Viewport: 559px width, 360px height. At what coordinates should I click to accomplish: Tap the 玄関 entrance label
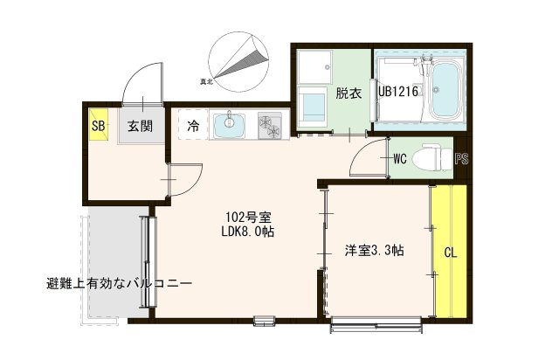click(140, 125)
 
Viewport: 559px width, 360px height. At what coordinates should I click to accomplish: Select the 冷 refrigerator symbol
click(192, 126)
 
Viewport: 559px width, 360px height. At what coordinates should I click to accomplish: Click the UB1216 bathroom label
click(400, 91)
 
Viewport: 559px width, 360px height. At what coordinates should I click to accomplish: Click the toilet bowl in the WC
click(430, 158)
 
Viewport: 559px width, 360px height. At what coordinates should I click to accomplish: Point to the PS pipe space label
click(461, 159)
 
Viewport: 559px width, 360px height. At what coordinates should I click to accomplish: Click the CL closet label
click(451, 254)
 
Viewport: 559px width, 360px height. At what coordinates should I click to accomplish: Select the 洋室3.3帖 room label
click(374, 251)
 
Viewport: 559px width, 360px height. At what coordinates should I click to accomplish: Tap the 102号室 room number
click(246, 216)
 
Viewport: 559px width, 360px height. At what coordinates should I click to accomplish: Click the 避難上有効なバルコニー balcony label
click(120, 284)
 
